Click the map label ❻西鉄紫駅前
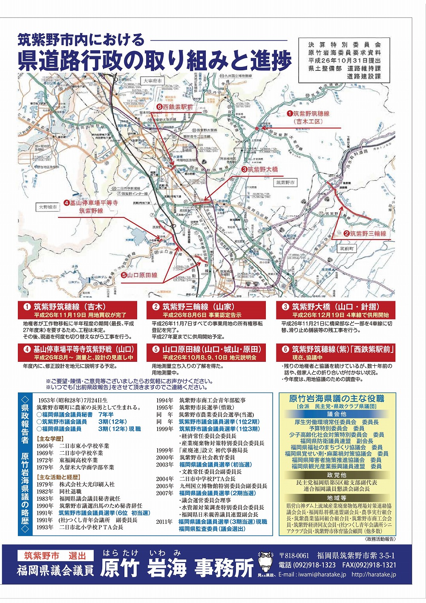coord(175,107)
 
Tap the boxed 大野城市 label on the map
coord(47,207)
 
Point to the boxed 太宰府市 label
coord(153,81)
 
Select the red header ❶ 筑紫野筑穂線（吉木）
coord(78,306)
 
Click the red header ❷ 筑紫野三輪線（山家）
coord(206,306)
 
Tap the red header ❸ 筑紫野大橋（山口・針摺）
coord(335,306)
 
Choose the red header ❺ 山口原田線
coord(206,349)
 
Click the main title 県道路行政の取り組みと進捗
coord(155,61)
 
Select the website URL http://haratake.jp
coord(374,574)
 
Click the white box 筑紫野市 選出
coord(55,556)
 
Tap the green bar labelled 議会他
coord(337,414)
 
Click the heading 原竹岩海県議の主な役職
coord(337,398)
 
